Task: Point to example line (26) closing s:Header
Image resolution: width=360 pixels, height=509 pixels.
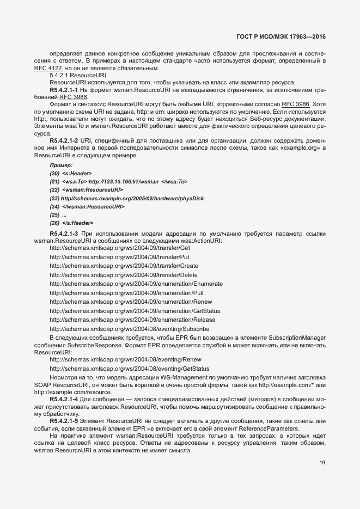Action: tap(71, 223)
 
